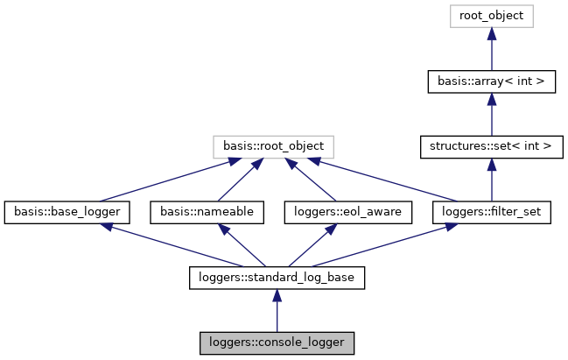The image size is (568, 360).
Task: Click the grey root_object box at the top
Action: (492, 16)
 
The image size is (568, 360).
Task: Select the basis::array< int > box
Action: (492, 81)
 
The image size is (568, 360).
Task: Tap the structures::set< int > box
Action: (492, 145)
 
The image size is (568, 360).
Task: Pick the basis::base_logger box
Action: (67, 211)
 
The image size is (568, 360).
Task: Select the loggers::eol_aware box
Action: (336, 211)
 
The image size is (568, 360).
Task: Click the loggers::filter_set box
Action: (492, 211)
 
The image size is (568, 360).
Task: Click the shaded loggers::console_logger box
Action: (277, 342)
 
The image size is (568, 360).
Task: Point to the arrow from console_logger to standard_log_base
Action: (277, 310)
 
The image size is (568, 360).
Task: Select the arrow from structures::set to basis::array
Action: (492, 114)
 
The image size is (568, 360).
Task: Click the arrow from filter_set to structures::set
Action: (492, 179)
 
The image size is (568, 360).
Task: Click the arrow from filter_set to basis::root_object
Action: (385, 179)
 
